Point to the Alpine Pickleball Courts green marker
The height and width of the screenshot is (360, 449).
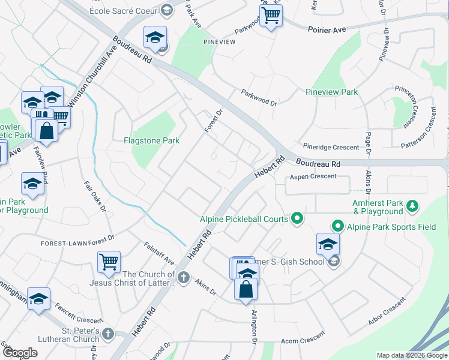tap(297, 219)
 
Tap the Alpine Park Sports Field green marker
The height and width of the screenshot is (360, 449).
tap(338, 226)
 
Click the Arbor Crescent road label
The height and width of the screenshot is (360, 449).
tap(387, 317)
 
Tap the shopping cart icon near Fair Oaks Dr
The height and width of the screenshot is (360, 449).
tap(109, 262)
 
